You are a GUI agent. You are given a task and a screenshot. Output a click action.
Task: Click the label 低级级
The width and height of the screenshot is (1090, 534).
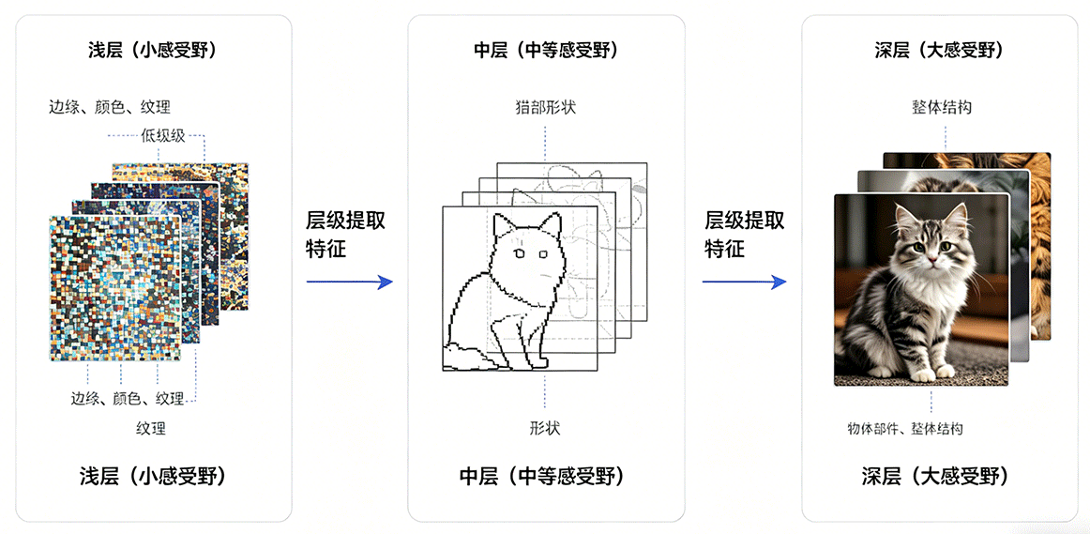click(x=163, y=135)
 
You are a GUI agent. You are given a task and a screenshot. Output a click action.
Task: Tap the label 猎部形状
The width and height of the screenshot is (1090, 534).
click(x=546, y=108)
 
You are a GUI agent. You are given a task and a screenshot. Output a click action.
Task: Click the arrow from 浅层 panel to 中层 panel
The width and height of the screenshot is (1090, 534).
click(x=350, y=282)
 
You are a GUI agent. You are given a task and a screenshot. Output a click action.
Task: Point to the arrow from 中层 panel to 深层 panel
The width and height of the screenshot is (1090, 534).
click(x=744, y=282)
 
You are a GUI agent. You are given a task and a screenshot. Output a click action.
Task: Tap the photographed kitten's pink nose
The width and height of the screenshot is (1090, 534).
click(x=931, y=260)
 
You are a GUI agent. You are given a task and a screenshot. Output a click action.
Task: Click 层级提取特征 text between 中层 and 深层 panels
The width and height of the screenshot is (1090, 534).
click(x=745, y=235)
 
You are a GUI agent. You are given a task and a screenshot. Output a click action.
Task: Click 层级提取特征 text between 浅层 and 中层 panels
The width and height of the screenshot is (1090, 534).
click(x=345, y=235)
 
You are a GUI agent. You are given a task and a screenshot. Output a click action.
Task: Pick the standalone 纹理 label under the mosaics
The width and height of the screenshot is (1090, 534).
click(x=151, y=428)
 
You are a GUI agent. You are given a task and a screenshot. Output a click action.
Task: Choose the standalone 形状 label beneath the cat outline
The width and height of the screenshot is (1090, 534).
click(x=545, y=428)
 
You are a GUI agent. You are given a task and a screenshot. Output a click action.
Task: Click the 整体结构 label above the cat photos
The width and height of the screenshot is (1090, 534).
click(x=941, y=108)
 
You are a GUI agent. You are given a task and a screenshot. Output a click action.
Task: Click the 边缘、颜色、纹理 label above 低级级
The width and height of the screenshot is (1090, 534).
click(x=110, y=107)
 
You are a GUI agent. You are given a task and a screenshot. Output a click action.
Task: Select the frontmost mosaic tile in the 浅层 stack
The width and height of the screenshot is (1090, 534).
click(x=115, y=288)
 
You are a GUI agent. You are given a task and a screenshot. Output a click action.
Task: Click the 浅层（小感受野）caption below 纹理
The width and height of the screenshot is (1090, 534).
click(x=151, y=477)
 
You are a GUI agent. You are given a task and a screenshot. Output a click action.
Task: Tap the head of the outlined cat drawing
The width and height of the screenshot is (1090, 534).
click(x=526, y=250)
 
